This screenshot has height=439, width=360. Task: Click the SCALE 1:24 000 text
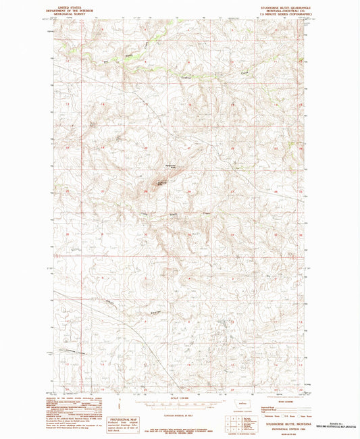[180, 396]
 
